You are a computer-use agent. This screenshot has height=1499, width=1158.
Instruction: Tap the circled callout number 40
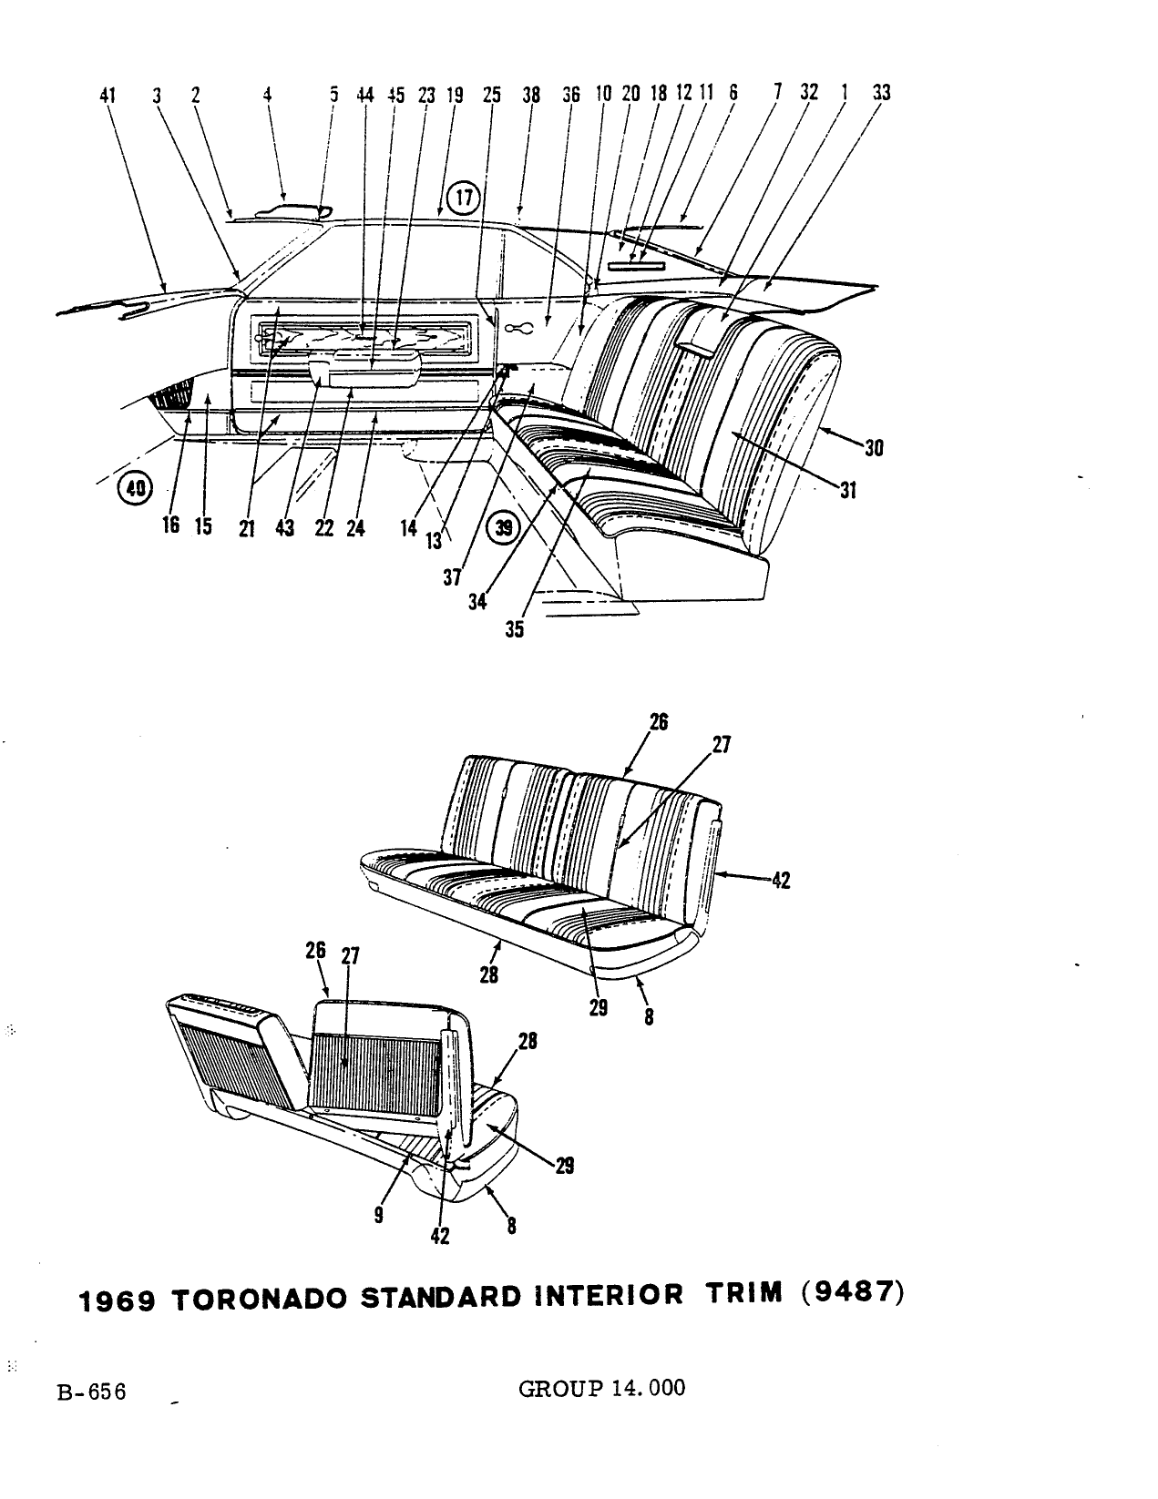click(x=135, y=488)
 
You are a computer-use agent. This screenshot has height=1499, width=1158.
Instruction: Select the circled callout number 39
click(x=505, y=527)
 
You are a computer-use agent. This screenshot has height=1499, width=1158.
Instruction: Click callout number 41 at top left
click(x=108, y=96)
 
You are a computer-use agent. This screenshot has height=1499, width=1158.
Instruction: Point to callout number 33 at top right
click(x=881, y=93)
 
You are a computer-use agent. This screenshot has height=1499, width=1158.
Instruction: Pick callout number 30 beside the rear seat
click(x=874, y=448)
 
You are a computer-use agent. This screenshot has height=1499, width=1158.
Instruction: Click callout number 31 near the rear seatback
click(x=848, y=491)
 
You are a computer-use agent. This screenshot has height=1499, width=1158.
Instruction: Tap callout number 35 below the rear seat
click(x=514, y=629)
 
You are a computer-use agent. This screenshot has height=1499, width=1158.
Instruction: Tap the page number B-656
click(x=92, y=1392)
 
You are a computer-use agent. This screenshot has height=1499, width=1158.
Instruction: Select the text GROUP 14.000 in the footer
click(x=601, y=1388)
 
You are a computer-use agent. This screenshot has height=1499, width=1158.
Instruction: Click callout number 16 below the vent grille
click(x=171, y=525)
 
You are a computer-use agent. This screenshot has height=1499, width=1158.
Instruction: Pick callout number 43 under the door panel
click(x=284, y=527)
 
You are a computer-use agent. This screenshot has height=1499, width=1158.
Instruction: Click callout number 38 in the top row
click(x=531, y=95)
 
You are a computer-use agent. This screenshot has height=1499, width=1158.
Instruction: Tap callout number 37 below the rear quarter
click(x=452, y=576)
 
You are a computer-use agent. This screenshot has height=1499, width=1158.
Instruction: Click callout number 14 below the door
click(x=408, y=527)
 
